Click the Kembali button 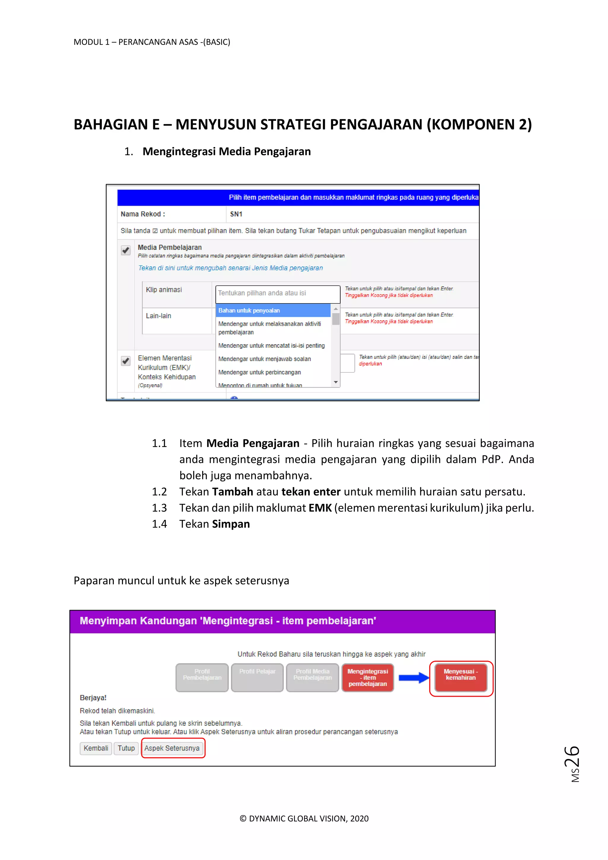pyautogui.click(x=96, y=748)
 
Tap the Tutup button pyautogui.click(x=126, y=748)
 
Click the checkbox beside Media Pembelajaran pyautogui.click(x=126, y=250)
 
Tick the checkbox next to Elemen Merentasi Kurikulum pyautogui.click(x=126, y=361)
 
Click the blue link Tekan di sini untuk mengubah pyautogui.click(x=230, y=268)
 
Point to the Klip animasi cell pyautogui.click(x=164, y=290)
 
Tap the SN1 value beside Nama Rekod pyautogui.click(x=236, y=214)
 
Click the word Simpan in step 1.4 pyautogui.click(x=231, y=524)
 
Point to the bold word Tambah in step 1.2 pyautogui.click(x=232, y=492)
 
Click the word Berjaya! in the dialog pyautogui.click(x=93, y=698)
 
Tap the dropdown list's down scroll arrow pyautogui.click(x=336, y=382)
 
